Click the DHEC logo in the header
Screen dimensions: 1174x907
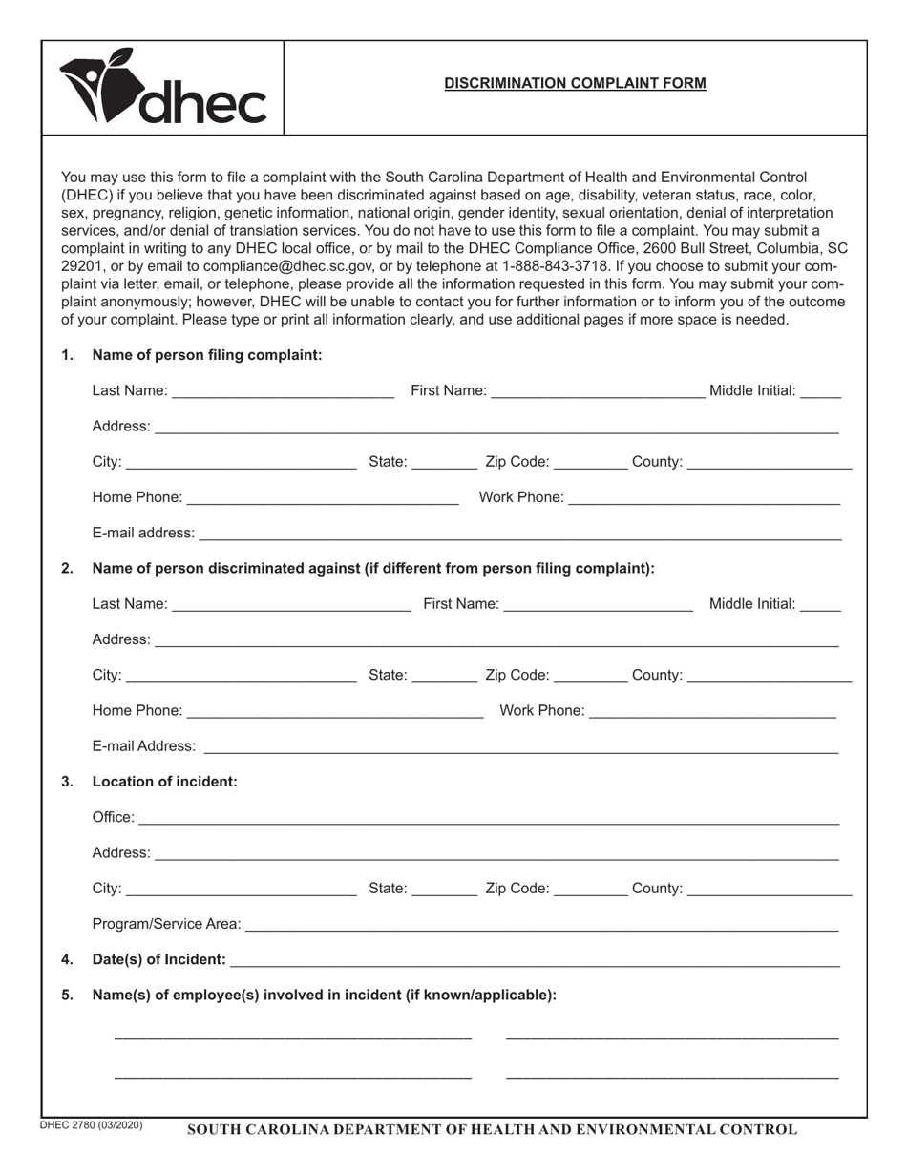tap(162, 88)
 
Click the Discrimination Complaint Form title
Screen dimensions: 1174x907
tap(575, 83)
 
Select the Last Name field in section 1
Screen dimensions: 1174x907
tap(283, 391)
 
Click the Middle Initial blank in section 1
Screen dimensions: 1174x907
tap(820, 391)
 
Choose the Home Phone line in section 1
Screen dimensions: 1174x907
tap(323, 498)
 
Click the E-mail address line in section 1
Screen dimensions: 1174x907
tap(519, 534)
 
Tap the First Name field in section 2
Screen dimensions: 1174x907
tap(598, 604)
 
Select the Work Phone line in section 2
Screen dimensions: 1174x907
tap(712, 711)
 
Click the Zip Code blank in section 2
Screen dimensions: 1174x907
tap(590, 676)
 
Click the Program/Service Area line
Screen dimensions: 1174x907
tap(541, 925)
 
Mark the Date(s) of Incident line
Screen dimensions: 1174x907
tap(535, 960)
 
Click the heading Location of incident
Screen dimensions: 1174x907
tap(164, 782)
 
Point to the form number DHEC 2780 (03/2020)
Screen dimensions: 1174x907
tap(92, 1125)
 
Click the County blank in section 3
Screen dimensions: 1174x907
tap(769, 890)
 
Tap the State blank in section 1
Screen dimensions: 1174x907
tap(444, 463)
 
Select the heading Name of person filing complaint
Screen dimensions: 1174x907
tap(206, 355)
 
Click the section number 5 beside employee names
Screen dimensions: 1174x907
tap(67, 995)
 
